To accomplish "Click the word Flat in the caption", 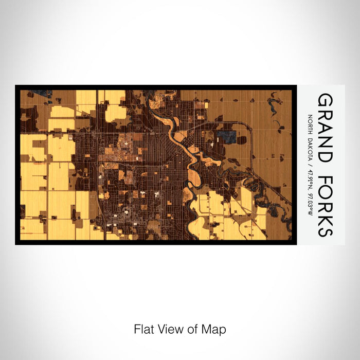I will coord(144,329).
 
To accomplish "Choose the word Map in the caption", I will coord(214,329).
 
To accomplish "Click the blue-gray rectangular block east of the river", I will coord(227,137).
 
